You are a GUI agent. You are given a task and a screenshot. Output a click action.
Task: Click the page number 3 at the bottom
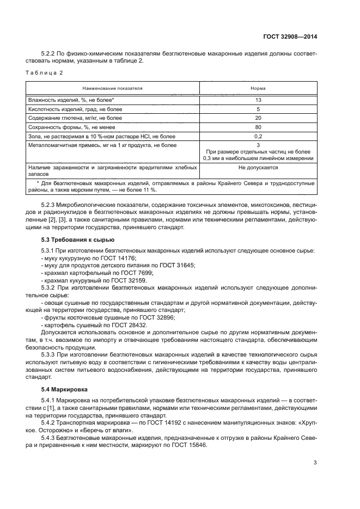pyautogui.click(x=315, y=463)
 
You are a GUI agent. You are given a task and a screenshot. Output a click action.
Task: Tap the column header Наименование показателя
pyautogui.click(x=112, y=88)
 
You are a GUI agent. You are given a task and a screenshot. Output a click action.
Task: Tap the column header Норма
pyautogui.click(x=258, y=88)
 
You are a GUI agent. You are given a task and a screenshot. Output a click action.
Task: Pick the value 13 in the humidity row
pyautogui.click(x=258, y=100)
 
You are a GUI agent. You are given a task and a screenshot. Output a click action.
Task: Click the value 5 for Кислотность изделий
pyautogui.click(x=258, y=109)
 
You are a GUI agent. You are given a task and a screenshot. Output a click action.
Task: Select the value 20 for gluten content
pyautogui.click(x=258, y=118)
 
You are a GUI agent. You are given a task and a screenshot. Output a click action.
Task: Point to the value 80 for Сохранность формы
pyautogui.click(x=258, y=127)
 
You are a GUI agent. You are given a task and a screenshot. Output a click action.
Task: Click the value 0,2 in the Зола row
pyautogui.click(x=258, y=136)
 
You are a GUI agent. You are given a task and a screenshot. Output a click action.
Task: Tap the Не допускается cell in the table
pyautogui.click(x=258, y=168)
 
